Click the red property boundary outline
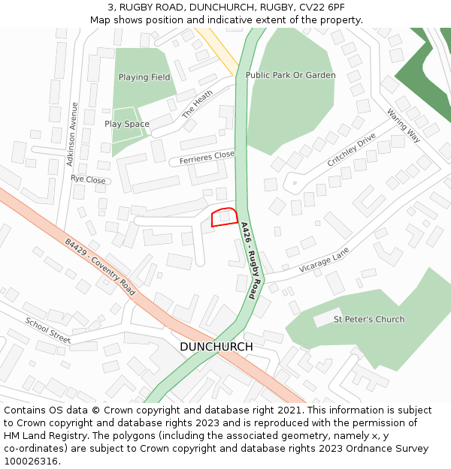pos(225,217)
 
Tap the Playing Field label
pos(144,77)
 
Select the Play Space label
pos(127,124)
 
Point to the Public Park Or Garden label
pos(291,76)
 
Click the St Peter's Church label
pos(369,320)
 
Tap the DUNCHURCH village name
pos(216,347)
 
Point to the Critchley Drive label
pos(351,151)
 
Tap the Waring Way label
pos(404,125)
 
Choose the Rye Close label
pos(88,180)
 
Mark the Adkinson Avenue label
pos(72,134)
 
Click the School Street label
pos(48,330)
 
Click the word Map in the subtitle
pos(101,20)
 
